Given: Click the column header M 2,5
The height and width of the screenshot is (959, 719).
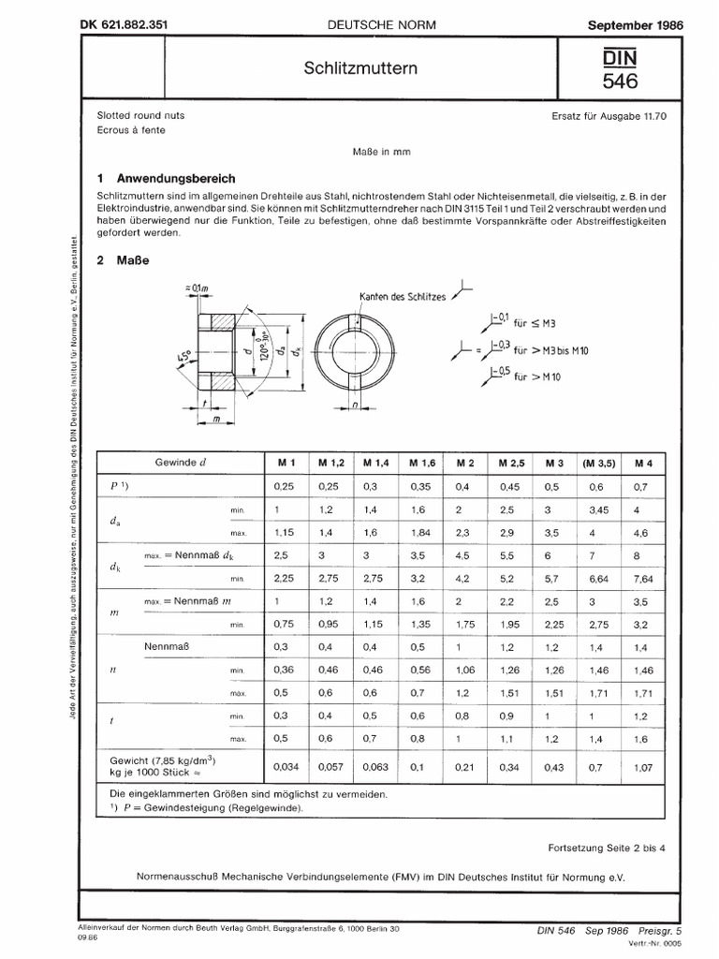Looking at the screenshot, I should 512,464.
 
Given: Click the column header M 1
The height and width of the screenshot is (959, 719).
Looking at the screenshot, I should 285,464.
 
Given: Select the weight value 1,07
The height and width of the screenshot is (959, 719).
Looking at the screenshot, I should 642,767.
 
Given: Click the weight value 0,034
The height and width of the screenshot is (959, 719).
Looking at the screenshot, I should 285,767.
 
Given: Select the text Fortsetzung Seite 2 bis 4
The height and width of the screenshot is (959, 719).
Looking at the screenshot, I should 606,848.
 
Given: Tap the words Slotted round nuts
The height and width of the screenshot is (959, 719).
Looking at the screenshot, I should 141,114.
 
